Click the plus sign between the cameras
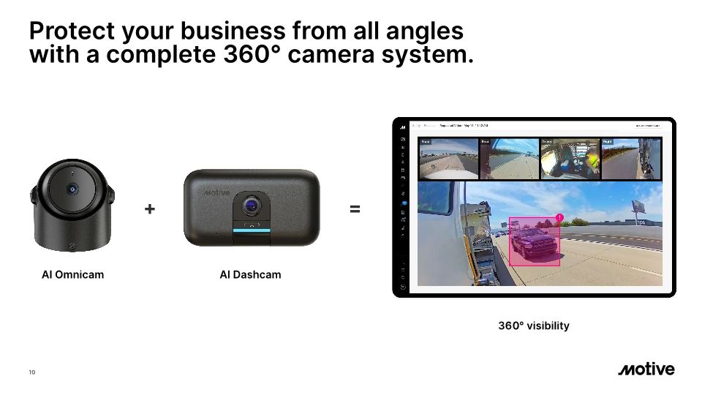(x=150, y=209)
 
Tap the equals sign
(x=355, y=209)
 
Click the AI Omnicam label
(x=72, y=275)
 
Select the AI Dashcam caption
(x=250, y=275)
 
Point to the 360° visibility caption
(x=533, y=326)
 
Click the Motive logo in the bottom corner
(x=646, y=369)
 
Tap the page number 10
(x=31, y=372)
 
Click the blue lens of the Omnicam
(x=72, y=189)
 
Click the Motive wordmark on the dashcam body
(x=216, y=192)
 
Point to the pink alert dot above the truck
(x=559, y=217)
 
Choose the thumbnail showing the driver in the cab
(x=570, y=158)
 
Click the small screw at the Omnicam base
(x=72, y=246)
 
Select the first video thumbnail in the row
(x=448, y=158)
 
